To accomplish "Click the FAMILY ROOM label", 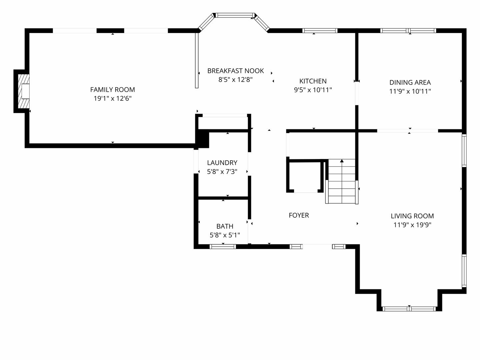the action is [112, 90].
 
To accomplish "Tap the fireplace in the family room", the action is [24, 91].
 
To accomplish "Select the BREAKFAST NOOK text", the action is [236, 71].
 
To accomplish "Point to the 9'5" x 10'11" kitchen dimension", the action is [313, 90].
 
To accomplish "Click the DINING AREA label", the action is [410, 82].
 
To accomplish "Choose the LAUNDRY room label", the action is [222, 163].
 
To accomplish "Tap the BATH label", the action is [225, 226].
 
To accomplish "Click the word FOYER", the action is [299, 215].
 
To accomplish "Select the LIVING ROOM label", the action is [412, 216].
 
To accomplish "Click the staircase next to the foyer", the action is [342, 181].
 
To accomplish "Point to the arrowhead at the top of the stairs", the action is [342, 161].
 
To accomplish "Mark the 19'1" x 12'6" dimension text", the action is [113, 99].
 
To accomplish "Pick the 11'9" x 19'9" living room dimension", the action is [412, 225].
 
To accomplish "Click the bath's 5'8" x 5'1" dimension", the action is [225, 235].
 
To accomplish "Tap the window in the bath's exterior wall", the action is [223, 247].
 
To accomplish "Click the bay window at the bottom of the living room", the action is [409, 309].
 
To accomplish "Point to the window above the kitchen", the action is [320, 31].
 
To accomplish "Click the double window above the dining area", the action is [408, 31].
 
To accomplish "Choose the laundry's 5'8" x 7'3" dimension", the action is [222, 172].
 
